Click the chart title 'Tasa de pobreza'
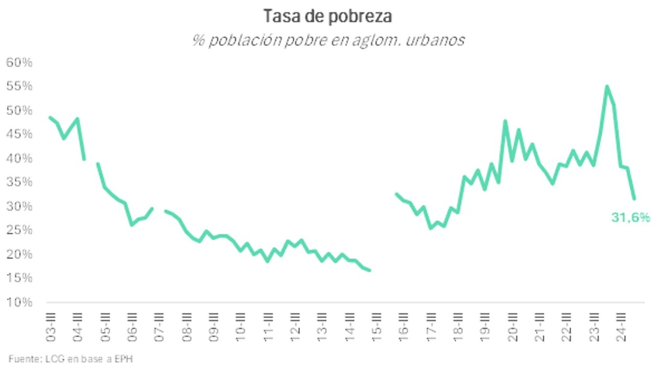point(328,17)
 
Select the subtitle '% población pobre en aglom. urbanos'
point(328,41)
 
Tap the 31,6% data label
point(631,218)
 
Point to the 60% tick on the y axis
point(20,63)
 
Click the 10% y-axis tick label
point(20,302)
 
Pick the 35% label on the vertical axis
point(20,182)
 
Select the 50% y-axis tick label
point(20,111)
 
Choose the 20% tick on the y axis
point(20,254)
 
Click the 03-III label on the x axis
point(51,327)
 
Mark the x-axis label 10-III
point(241,327)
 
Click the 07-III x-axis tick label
point(160,327)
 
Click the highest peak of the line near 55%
point(607,86)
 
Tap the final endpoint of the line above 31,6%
point(634,199)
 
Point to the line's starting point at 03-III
point(50,117)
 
